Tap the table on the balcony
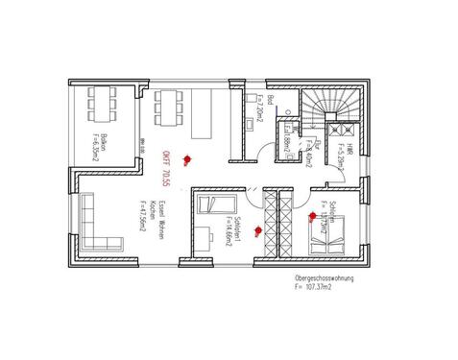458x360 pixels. (102, 101)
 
